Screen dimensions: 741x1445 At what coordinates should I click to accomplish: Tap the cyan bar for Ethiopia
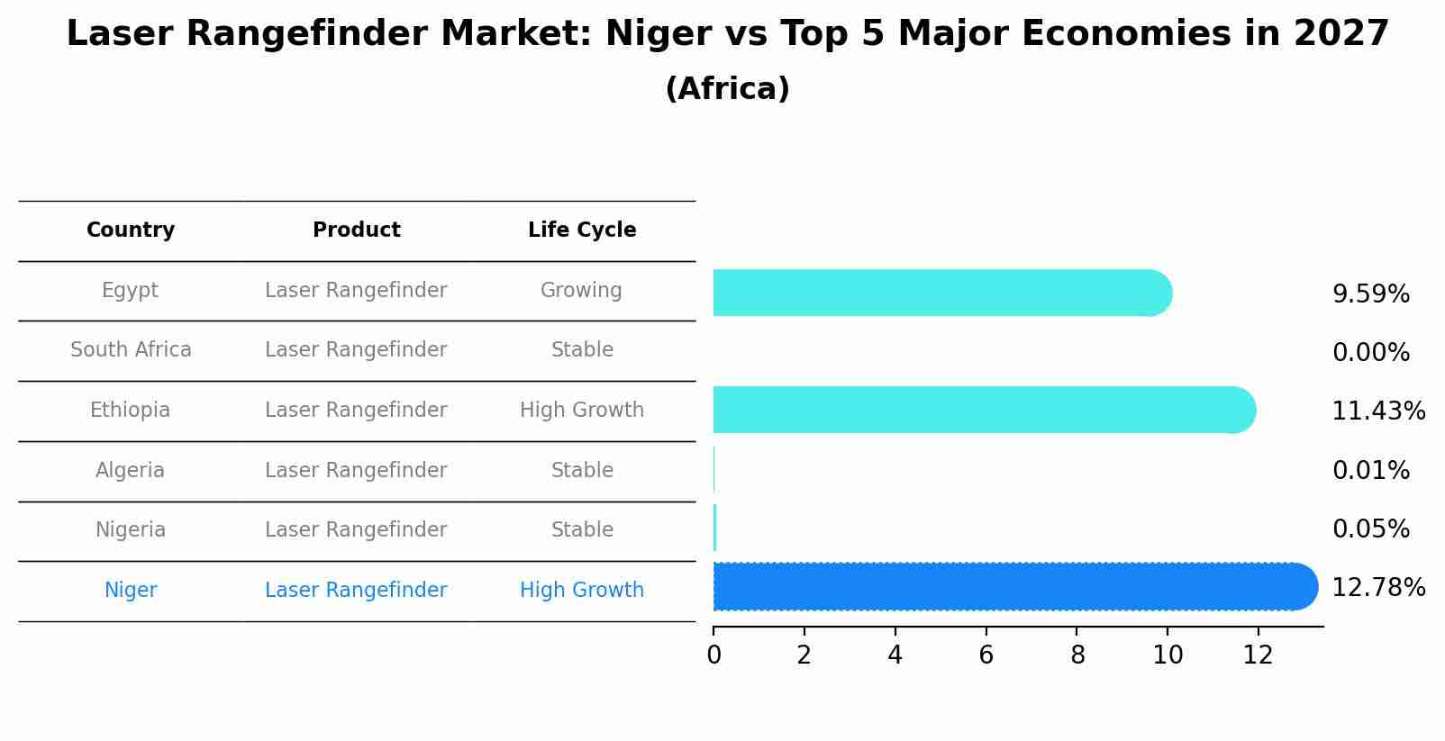pyautogui.click(x=982, y=410)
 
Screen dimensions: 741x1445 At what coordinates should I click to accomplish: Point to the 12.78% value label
pyautogui.click(x=1377, y=588)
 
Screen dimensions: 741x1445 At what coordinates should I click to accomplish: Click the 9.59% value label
pyautogui.click(x=1370, y=294)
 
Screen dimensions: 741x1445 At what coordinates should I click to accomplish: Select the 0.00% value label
pyautogui.click(x=1370, y=353)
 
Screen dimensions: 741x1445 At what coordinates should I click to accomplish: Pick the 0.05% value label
pyautogui.click(x=1370, y=529)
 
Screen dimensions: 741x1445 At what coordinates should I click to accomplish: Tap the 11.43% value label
pyautogui.click(x=1377, y=411)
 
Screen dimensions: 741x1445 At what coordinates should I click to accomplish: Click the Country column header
pyautogui.click(x=131, y=230)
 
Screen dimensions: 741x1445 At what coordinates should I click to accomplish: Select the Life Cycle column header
pyautogui.click(x=582, y=230)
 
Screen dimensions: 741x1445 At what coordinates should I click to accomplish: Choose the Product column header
pyautogui.click(x=356, y=230)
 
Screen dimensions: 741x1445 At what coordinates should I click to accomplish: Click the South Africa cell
pyautogui.click(x=131, y=350)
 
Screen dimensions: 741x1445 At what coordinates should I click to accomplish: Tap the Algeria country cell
pyautogui.click(x=131, y=471)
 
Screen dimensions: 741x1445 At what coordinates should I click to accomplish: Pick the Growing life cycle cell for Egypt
pyautogui.click(x=581, y=291)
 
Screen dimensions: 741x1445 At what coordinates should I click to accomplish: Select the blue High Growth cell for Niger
pyautogui.click(x=581, y=591)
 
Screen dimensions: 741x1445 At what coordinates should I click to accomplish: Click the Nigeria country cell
pyautogui.click(x=131, y=530)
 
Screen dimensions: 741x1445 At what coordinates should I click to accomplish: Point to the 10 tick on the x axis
pyautogui.click(x=1168, y=655)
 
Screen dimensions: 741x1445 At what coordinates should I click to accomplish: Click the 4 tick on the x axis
pyautogui.click(x=895, y=655)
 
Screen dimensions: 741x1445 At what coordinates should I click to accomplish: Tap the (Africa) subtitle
pyautogui.click(x=727, y=89)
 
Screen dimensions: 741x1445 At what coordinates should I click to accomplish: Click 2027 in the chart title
pyautogui.click(x=1340, y=34)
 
